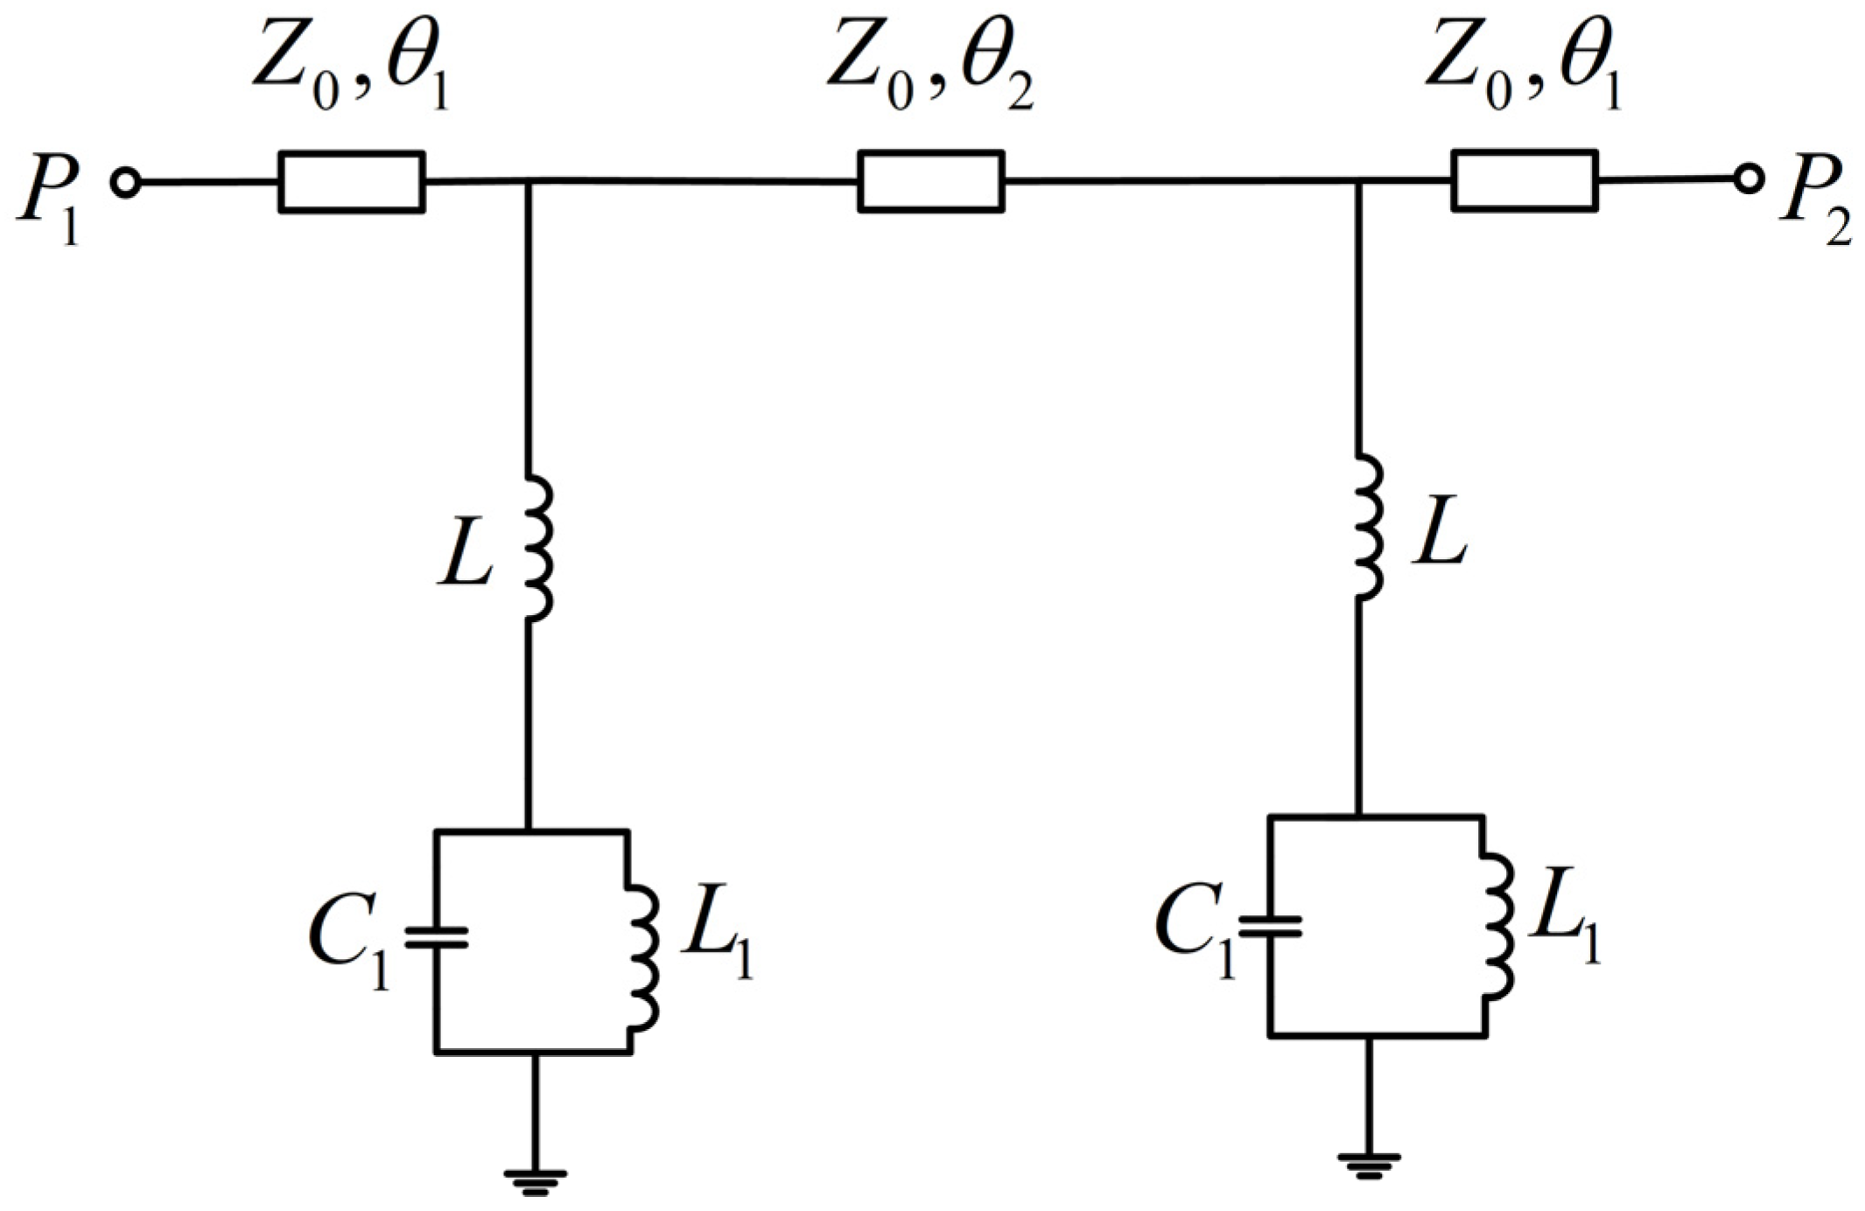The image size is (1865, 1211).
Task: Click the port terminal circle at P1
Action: point(126,183)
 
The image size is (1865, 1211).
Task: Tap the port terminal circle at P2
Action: point(1749,179)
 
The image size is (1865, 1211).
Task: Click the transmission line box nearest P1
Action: point(352,182)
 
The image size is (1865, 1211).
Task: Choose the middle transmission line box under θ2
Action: point(930,181)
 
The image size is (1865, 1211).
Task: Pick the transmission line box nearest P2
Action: point(1525,180)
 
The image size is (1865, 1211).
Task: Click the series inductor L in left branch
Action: point(539,548)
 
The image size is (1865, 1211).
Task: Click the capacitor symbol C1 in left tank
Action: point(436,938)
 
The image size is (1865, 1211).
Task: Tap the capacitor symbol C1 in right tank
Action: point(1270,926)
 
